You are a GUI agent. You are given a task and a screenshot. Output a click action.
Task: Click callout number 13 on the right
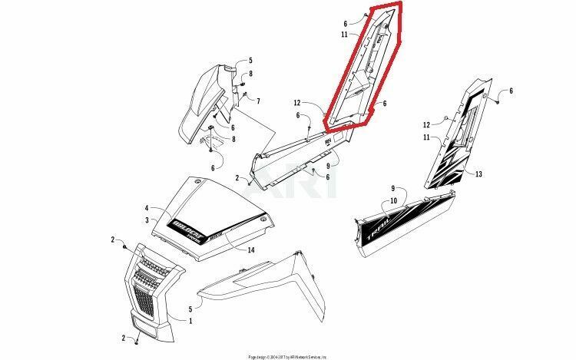(x=478, y=175)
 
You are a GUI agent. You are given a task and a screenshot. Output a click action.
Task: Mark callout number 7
(x=259, y=101)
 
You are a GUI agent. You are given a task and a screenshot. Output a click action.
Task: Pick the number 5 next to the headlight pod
(x=250, y=61)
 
